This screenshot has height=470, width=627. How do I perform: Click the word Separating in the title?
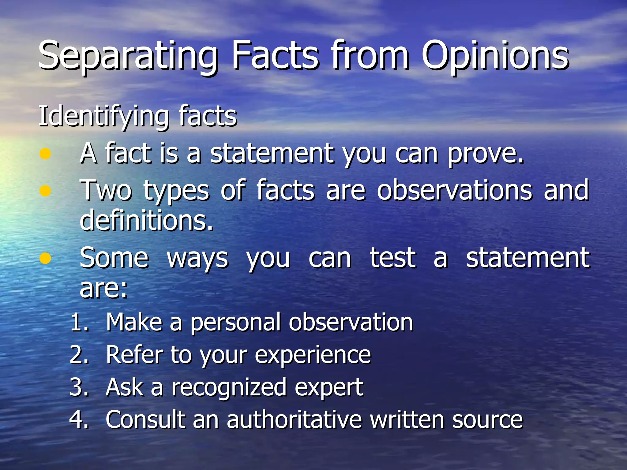(x=128, y=57)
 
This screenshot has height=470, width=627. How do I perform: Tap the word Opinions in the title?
(x=495, y=57)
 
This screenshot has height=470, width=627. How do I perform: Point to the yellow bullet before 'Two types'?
(x=45, y=191)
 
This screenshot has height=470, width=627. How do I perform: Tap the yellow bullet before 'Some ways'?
(x=45, y=258)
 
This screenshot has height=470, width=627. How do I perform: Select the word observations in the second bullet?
(x=455, y=190)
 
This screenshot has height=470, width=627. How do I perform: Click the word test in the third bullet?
(x=393, y=258)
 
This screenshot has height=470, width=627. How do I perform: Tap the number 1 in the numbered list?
(x=78, y=322)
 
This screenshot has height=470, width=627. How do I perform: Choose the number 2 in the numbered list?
(x=78, y=355)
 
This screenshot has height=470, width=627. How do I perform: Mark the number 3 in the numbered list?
(x=78, y=387)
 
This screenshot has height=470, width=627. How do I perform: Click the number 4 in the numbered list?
(x=78, y=420)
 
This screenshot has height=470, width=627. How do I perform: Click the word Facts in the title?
(x=275, y=57)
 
